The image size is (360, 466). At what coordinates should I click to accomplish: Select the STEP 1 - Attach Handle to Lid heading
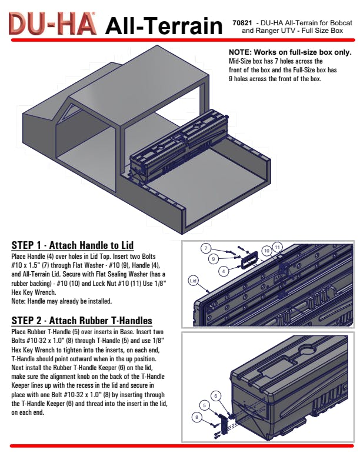pos(72,245)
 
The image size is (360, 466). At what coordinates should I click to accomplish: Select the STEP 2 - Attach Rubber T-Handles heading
pos(82,321)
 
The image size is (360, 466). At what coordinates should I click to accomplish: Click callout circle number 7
pos(206,248)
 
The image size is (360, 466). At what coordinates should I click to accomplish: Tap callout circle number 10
pos(266,250)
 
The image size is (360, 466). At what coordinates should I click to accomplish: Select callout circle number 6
pos(216,396)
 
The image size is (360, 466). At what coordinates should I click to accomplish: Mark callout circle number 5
pos(205,405)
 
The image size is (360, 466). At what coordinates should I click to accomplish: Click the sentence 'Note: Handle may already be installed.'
pos(62,301)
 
